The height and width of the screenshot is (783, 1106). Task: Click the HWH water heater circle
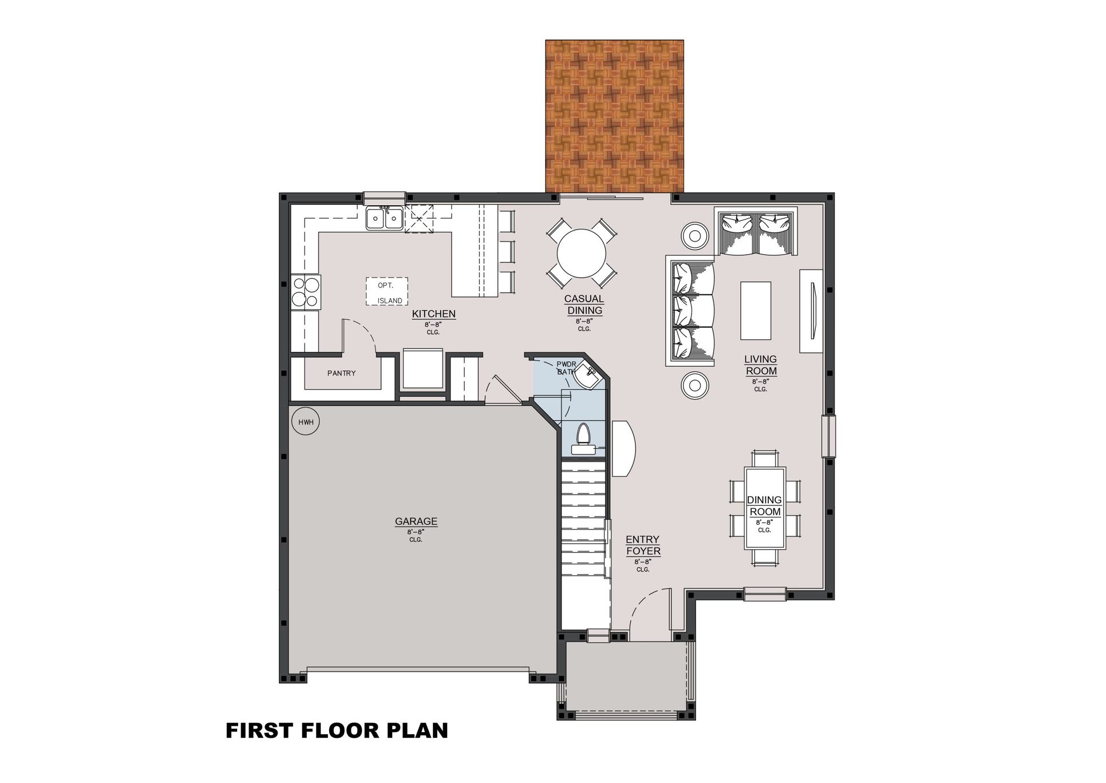306,422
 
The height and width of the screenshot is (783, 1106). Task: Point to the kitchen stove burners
306,292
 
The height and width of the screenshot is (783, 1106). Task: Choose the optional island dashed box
388,291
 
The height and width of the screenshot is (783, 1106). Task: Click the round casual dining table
582,253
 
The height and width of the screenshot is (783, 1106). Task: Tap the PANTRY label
342,373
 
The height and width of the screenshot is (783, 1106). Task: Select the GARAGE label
416,521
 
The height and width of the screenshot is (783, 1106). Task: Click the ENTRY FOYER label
643,545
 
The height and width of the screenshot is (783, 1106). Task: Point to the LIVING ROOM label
761,365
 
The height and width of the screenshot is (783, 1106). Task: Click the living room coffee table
756,311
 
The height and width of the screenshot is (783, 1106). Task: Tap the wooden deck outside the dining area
614,116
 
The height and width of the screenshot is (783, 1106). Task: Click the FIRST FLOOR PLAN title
337,731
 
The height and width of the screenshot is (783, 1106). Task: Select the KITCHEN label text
434,314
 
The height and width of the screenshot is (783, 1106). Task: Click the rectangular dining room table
765,508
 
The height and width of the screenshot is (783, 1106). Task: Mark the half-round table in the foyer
624,449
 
